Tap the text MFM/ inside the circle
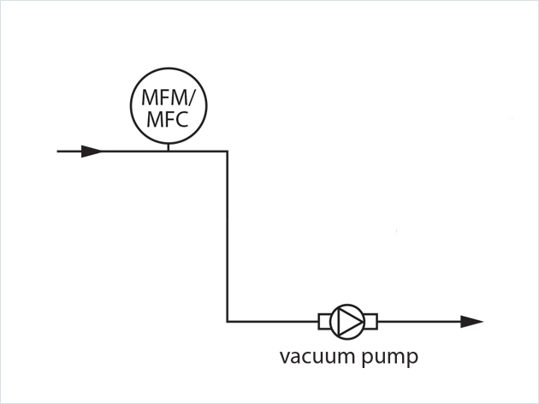click(x=168, y=96)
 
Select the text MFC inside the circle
click(x=167, y=119)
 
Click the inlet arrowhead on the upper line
click(x=92, y=151)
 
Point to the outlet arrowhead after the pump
click(x=471, y=322)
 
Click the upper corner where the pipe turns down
click(x=227, y=151)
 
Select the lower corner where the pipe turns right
click(x=227, y=322)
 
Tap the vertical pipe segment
click(x=227, y=235)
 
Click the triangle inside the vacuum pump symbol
click(x=346, y=322)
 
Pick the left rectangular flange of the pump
click(x=325, y=322)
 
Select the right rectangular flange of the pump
click(x=370, y=322)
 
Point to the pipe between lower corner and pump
click(x=272, y=322)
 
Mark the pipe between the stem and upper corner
click(x=198, y=151)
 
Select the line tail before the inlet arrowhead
click(x=68, y=151)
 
